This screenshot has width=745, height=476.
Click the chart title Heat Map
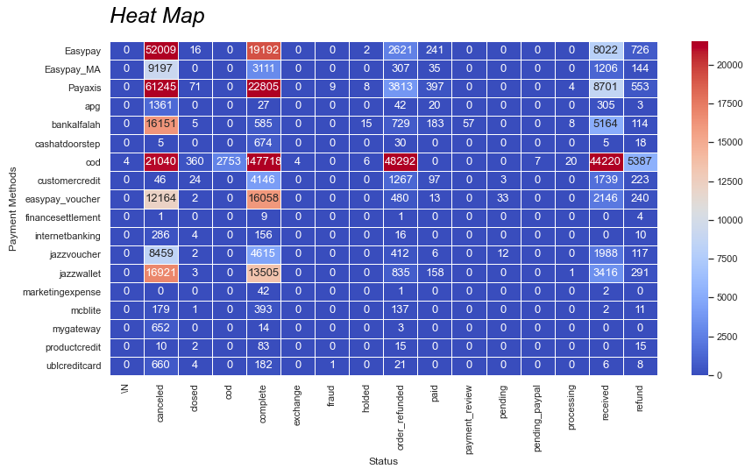pos(158,16)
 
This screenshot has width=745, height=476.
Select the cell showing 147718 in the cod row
pos(263,163)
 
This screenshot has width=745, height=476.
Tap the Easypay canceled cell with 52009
pos(160,50)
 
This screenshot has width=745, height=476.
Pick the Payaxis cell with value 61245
pos(160,88)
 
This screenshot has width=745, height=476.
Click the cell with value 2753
pos(229,163)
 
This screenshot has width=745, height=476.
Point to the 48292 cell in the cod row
pos(401,163)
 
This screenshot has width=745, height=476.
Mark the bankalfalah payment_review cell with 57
pos(469,125)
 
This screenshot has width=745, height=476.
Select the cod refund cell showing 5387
pos(641,163)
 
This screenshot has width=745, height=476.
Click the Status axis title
pos(383,461)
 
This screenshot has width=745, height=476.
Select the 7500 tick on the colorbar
pos(729,259)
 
